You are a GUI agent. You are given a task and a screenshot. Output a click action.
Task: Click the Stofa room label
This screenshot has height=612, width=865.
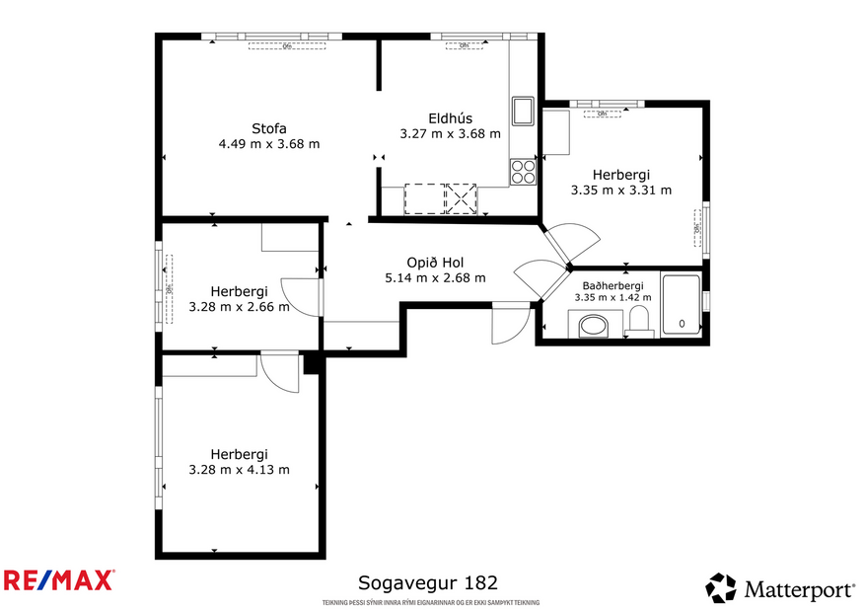click(x=269, y=128)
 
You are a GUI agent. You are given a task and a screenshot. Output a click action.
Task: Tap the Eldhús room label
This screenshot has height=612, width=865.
click(x=450, y=118)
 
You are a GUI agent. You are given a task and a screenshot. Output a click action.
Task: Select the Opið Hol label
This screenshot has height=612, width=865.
click(x=435, y=263)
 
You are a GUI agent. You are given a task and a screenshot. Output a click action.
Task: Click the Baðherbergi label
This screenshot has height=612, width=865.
click(x=613, y=285)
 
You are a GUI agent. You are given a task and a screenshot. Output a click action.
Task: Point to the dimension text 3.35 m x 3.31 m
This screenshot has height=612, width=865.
click(x=621, y=191)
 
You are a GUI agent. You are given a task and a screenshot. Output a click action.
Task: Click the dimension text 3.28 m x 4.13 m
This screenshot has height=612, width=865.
click(x=239, y=470)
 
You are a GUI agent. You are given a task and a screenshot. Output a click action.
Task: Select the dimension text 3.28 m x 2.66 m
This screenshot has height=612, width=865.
click(x=239, y=307)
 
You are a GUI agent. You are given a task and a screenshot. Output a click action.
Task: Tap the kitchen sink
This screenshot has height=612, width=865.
click(x=522, y=109)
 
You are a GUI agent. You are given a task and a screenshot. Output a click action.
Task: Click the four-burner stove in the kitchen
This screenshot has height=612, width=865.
click(x=522, y=172)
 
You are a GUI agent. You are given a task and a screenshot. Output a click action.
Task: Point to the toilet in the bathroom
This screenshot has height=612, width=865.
click(x=639, y=319)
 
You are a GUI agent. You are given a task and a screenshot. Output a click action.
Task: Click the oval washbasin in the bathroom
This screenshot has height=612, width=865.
click(x=594, y=325)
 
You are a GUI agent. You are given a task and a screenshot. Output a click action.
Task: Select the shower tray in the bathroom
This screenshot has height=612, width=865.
click(x=682, y=306)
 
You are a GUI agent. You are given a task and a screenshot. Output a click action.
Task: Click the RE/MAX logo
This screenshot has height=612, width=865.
click(x=59, y=580)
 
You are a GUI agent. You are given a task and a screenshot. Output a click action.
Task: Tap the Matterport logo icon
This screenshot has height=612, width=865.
click(x=721, y=588)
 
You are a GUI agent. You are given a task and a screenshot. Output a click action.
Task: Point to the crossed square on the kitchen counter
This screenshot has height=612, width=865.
click(x=461, y=198)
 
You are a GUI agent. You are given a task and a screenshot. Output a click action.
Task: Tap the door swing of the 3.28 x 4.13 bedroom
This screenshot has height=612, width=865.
click(x=280, y=373)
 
